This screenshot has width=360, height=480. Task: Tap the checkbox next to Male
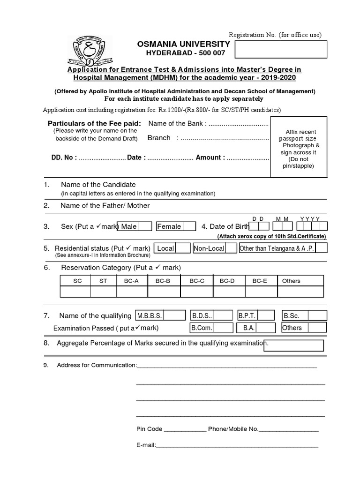coord(145,226)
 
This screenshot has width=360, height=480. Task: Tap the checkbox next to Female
coord(189,226)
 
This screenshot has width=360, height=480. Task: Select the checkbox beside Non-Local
coord(231,248)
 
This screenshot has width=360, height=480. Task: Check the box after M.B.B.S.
coord(171,315)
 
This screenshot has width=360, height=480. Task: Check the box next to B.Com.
coord(224,328)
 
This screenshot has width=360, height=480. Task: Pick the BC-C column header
coord(197,281)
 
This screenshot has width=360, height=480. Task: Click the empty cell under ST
coord(103,292)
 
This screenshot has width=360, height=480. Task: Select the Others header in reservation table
coord(291,281)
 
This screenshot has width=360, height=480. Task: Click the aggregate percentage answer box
coord(294,345)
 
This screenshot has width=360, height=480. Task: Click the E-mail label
coord(146,445)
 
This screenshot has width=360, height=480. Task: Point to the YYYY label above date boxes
coord(310,219)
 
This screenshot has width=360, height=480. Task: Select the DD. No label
coord(64,157)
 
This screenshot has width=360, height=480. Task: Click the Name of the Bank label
coord(177,123)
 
